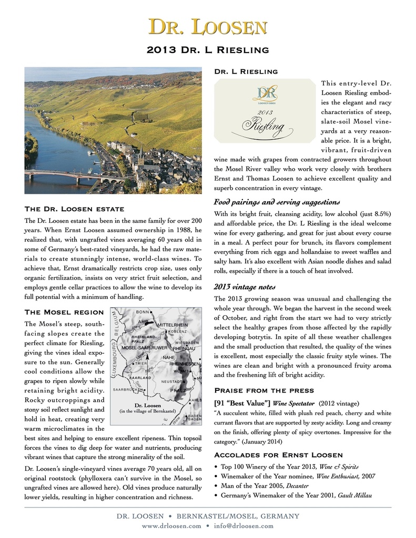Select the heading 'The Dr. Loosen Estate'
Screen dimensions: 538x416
click(x=74, y=209)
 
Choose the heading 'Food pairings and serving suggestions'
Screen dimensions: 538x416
click(x=277, y=202)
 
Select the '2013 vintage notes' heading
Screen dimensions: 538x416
click(x=247, y=287)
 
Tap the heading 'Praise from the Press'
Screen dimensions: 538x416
click(x=265, y=390)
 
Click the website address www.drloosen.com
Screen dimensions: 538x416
click(x=171, y=525)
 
